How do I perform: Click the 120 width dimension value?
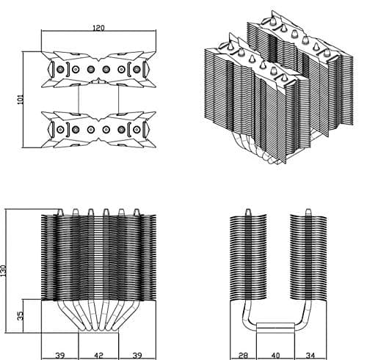(98, 28)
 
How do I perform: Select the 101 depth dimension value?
(21, 99)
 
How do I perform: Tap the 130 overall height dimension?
(3, 271)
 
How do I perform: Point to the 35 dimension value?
(21, 315)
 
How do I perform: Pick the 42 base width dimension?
(98, 356)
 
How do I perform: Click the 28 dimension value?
(243, 356)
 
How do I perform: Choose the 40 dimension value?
(275, 356)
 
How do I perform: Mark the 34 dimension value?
(310, 356)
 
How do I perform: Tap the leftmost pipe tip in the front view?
(60, 212)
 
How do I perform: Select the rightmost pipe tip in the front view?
(137, 212)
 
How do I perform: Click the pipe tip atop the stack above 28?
(248, 212)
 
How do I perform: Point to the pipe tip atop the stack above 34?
(308, 212)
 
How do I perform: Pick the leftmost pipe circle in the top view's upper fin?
(60, 70)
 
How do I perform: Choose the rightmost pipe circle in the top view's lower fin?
(137, 130)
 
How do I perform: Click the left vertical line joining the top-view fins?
(79, 99)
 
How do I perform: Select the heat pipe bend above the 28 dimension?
(248, 317)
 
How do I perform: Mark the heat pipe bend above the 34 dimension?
(303, 317)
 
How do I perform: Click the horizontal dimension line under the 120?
(98, 31)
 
